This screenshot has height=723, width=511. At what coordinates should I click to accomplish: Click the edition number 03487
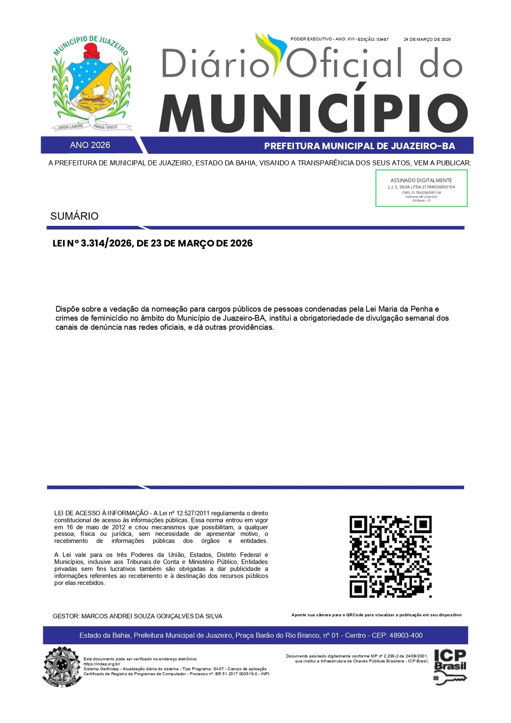(382, 39)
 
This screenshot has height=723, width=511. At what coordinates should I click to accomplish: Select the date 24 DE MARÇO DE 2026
(427, 39)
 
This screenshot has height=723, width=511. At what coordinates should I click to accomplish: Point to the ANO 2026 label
(90, 145)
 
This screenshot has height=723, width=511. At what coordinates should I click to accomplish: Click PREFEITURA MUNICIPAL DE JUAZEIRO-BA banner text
(359, 146)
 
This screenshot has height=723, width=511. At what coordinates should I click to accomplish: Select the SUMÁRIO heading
(74, 216)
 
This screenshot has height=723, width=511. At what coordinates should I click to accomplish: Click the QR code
(390, 556)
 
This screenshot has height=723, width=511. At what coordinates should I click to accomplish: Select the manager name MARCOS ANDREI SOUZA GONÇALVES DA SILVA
(152, 616)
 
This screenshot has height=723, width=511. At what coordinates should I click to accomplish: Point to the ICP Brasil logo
(450, 666)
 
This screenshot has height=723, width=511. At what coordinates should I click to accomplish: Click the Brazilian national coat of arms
(62, 666)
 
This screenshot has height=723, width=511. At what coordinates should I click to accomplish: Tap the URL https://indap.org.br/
(102, 664)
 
